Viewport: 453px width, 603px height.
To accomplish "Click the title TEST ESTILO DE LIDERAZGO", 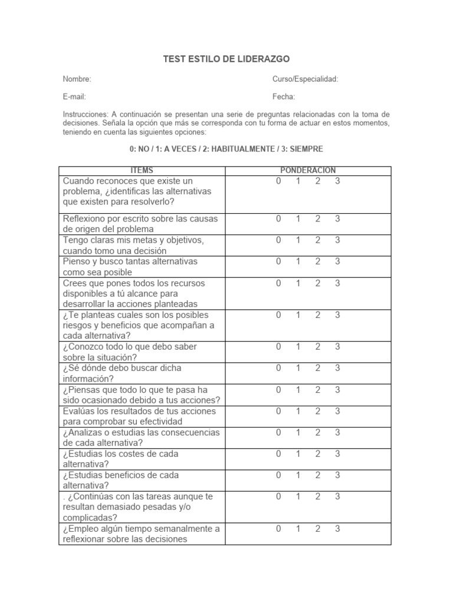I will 226,59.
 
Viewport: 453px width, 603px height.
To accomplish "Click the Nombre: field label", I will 77,79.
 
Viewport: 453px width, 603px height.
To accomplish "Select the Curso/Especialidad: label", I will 305,79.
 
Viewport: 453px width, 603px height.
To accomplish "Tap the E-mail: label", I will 74,97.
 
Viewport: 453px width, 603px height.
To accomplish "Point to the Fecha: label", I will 284,97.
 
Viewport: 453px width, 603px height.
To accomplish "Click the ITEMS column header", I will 142,170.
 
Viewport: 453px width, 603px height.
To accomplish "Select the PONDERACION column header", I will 308,170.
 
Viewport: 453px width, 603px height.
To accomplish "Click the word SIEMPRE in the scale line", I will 306,149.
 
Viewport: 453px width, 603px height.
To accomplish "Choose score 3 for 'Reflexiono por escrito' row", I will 337,218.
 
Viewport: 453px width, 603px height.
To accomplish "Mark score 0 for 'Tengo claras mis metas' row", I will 278,240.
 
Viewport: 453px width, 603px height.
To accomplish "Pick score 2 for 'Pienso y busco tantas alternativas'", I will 318,261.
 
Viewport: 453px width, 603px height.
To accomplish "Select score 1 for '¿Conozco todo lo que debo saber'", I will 298,347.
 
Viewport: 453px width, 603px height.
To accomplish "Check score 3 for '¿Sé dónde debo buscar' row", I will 337,368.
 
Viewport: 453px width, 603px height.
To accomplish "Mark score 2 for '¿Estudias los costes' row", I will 318,453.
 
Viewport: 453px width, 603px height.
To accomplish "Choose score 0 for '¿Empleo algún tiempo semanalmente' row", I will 278,528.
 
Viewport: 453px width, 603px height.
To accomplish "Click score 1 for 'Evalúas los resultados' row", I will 298,411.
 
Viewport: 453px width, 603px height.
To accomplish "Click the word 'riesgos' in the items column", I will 77,325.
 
